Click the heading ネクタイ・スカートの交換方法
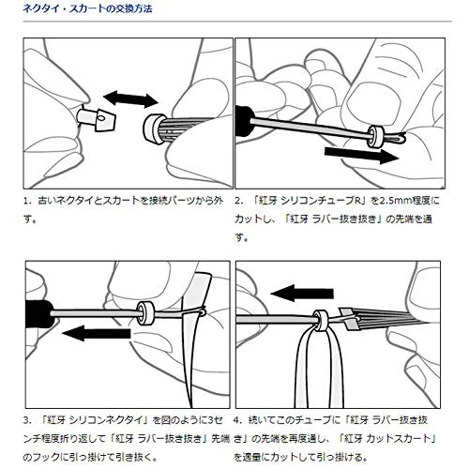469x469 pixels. click(87, 8)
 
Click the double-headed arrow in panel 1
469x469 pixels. click(130, 99)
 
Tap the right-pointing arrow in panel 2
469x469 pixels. click(361, 154)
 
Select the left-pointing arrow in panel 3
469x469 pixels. click(97, 333)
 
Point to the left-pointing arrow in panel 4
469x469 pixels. click(302, 293)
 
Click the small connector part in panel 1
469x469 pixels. click(97, 119)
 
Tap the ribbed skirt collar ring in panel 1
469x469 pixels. click(155, 129)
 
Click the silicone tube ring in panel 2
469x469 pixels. click(374, 136)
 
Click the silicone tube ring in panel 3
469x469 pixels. click(145, 313)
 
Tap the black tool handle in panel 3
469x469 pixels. click(38, 313)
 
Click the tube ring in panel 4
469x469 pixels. click(321, 320)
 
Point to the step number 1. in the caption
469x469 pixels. click(27, 201)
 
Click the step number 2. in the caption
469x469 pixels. click(239, 201)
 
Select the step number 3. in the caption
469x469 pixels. click(27, 420)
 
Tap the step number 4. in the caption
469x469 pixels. click(238, 420)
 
